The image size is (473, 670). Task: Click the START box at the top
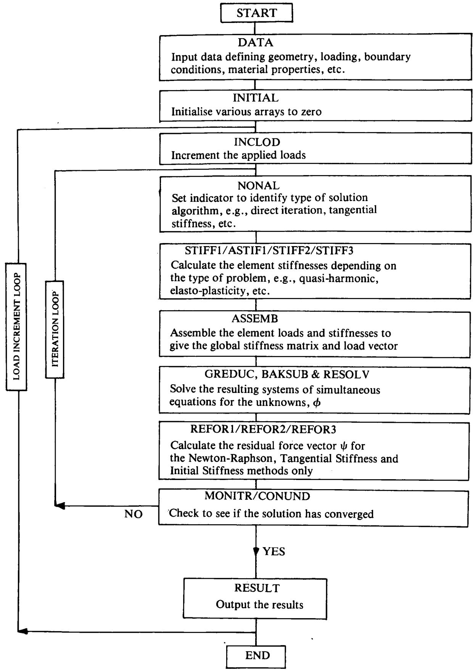click(257, 13)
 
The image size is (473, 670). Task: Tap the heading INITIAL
click(256, 98)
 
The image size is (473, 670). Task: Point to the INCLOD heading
click(257, 142)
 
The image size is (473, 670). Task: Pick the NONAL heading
click(259, 185)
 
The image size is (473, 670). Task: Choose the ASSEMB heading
click(255, 319)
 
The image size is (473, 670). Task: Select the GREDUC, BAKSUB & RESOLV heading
click(287, 375)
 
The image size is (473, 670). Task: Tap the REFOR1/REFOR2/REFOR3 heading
click(263, 430)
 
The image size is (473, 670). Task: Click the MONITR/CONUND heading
click(257, 496)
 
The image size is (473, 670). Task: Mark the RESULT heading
click(257, 588)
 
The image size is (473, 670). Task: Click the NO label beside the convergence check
click(134, 514)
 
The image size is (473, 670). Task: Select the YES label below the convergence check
click(274, 551)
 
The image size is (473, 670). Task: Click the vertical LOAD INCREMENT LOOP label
click(16, 327)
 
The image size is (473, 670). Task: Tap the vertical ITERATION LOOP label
click(55, 329)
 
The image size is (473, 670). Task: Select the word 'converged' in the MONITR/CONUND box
click(349, 514)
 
